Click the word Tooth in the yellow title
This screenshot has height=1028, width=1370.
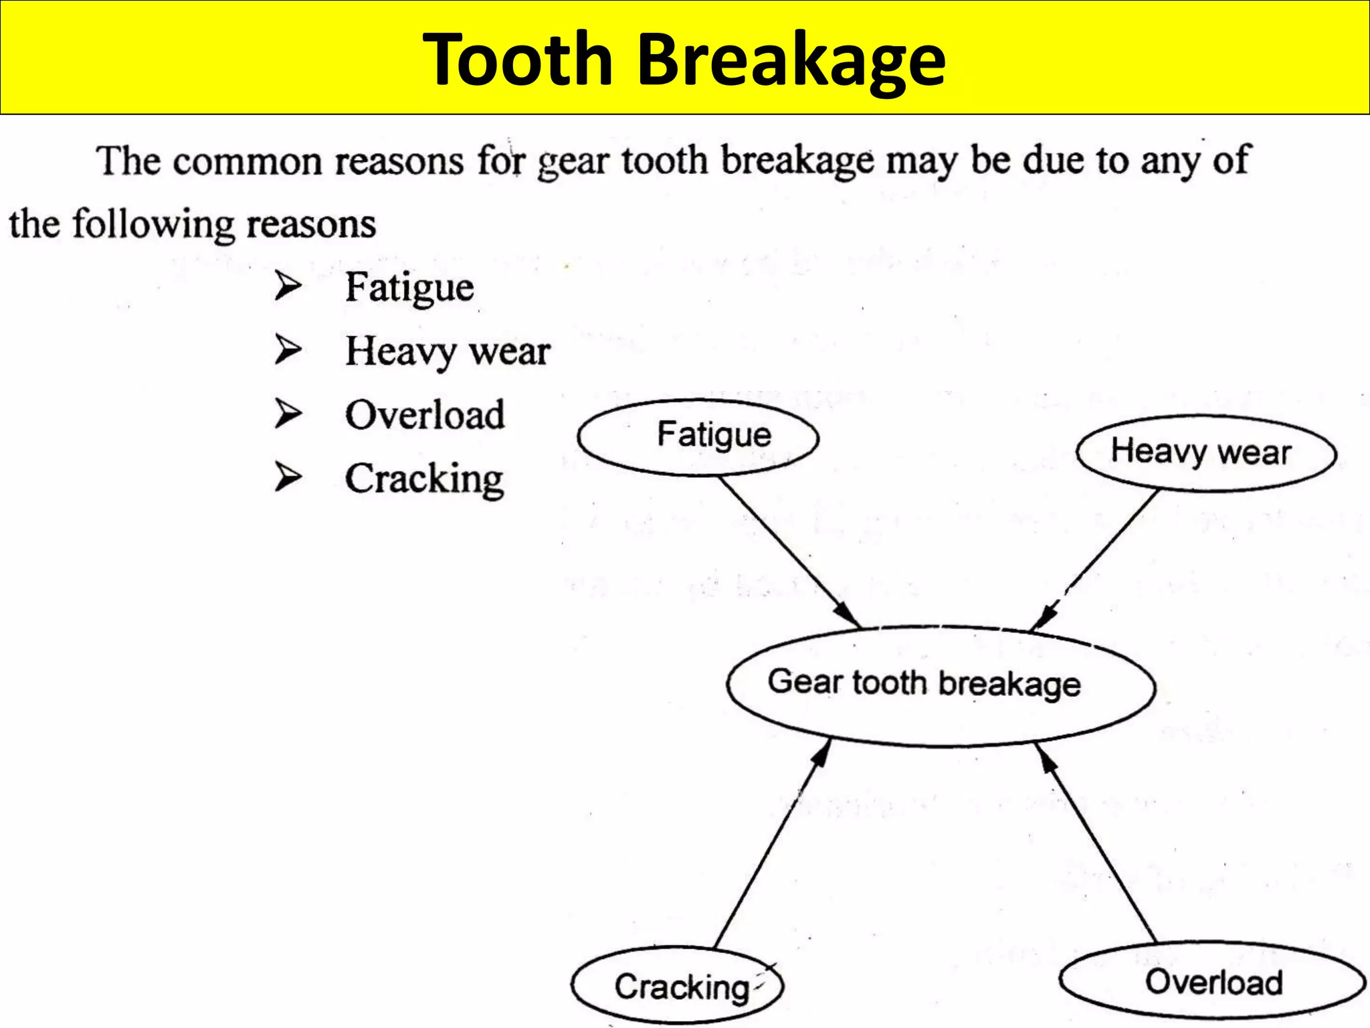coord(518,60)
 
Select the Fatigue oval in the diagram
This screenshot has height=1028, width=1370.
coord(698,438)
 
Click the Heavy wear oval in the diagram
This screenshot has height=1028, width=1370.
coord(1206,454)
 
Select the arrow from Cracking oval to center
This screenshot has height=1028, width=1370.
coord(773,844)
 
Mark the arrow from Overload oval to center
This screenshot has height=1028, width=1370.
coord(1097,843)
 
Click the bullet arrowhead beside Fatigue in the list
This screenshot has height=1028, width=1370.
coord(288,286)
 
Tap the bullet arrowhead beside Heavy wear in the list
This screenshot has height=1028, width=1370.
coord(288,350)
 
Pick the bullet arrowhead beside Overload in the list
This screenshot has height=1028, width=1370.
coord(288,414)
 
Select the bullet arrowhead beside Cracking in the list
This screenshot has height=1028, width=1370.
coord(288,477)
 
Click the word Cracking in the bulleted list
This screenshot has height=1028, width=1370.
coord(424,479)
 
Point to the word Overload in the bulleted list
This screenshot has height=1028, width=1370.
coord(425,415)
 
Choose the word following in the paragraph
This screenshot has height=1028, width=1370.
coord(153,224)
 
